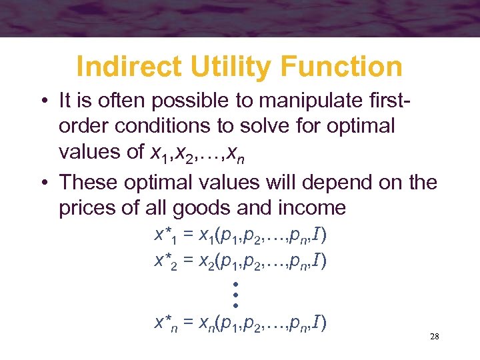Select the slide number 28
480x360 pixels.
pos(434,337)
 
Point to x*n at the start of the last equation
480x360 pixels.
pos(165,324)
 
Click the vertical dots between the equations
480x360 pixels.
pos(236,293)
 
